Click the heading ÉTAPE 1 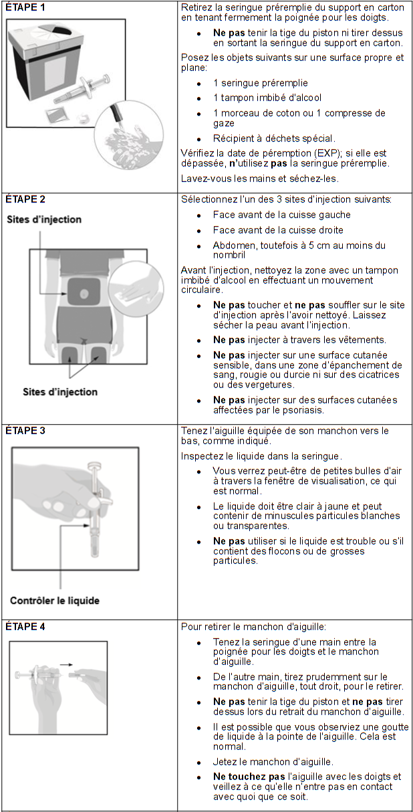(x=25, y=7)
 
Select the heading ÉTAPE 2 (x=25, y=199)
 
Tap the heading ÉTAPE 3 (x=25, y=431)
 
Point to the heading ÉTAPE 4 (x=25, y=627)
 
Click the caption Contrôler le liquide (x=55, y=600)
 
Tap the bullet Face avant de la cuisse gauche (x=281, y=215)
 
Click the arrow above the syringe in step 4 (x=65, y=665)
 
